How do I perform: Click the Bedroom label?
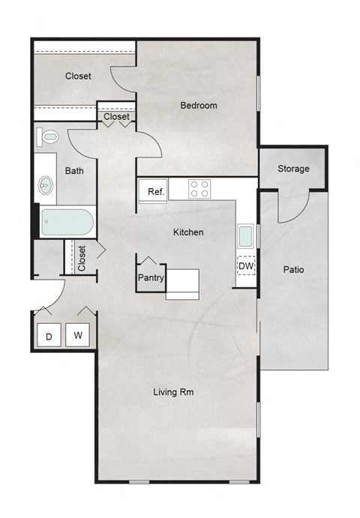point(199,106)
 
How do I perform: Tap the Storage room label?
point(293,169)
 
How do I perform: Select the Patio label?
point(293,270)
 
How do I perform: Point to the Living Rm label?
point(175,392)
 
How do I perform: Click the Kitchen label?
point(188,232)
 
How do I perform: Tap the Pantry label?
point(151,277)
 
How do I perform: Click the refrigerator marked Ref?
point(155,192)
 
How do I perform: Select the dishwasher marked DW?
point(245,265)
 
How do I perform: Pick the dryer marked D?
point(49,337)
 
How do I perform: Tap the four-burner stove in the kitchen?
point(199,188)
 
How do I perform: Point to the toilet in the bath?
point(49,138)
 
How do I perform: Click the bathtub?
point(67,223)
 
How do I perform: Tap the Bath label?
point(74,171)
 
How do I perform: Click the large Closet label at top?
point(78,76)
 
